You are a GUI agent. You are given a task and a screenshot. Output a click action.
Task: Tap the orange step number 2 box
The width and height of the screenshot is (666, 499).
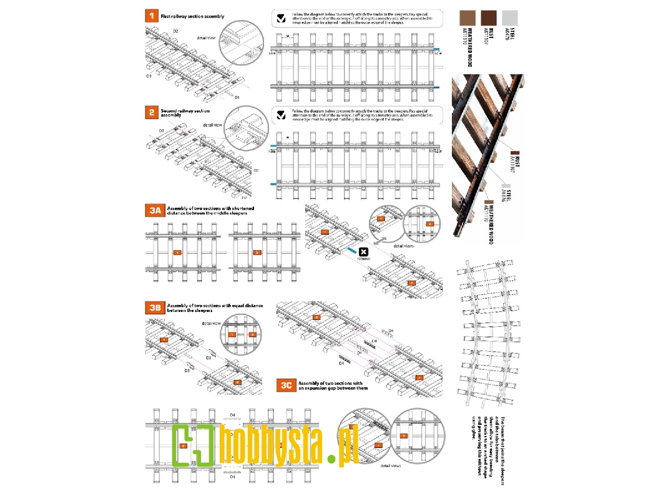(150, 112)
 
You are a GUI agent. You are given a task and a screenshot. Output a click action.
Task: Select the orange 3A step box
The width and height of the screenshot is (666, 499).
(154, 211)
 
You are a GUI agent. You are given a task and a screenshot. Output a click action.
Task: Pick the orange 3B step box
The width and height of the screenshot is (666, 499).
(154, 307)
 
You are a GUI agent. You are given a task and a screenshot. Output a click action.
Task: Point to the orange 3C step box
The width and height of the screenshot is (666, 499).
(286, 385)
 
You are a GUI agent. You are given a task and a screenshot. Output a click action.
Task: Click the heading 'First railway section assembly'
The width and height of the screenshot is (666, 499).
(192, 16)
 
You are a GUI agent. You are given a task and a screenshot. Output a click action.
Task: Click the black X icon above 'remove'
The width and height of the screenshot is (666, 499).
(362, 251)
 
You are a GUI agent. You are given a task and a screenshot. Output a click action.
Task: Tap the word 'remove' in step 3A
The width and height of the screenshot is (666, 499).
(363, 258)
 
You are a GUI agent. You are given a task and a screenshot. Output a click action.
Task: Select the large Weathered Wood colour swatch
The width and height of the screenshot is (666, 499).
(468, 17)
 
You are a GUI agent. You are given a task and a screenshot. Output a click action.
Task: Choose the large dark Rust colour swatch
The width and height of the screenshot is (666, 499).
(489, 17)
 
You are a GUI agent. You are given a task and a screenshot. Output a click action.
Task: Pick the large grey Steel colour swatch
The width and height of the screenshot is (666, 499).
(510, 17)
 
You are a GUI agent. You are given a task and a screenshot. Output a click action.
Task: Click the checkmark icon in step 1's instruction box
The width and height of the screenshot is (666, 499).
(282, 17)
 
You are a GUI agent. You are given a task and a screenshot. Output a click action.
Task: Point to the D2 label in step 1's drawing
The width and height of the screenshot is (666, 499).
(175, 31)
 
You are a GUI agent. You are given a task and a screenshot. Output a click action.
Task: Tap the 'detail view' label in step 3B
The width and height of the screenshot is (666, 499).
(212, 323)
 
